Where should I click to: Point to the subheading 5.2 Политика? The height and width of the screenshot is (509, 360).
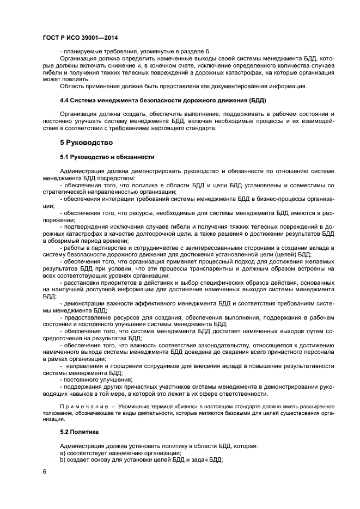click(80, 431)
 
